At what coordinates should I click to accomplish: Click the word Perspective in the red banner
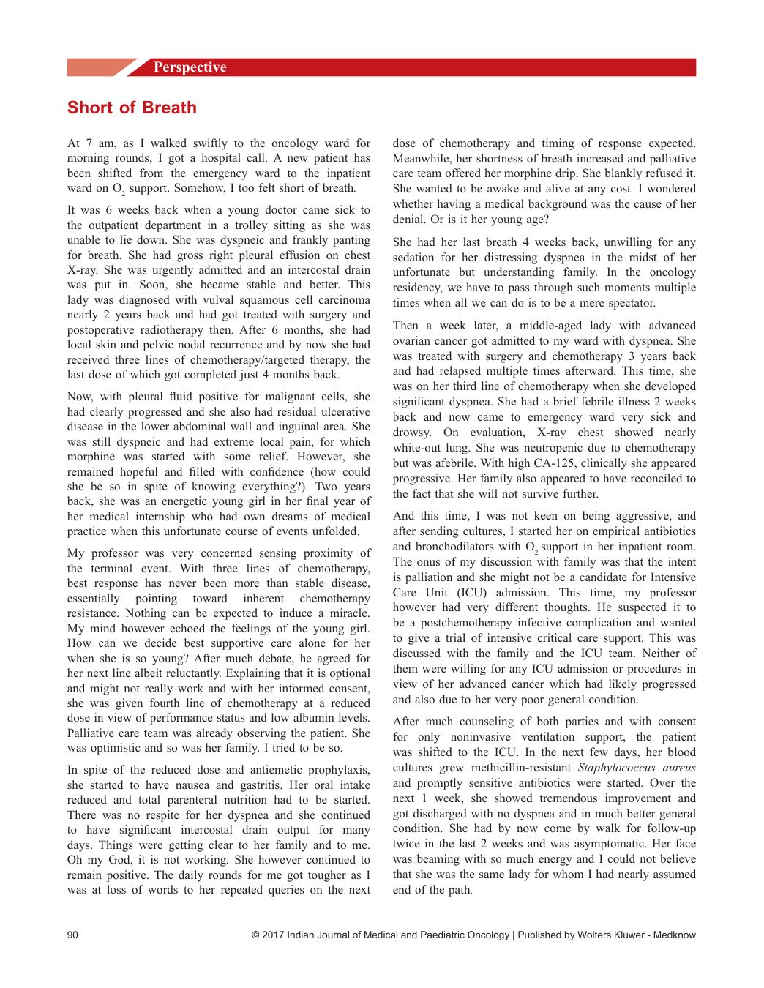click(190, 67)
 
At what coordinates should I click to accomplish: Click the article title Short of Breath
click(132, 108)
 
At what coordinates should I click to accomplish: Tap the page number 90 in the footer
click(72, 935)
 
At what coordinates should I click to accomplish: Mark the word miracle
click(348, 613)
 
